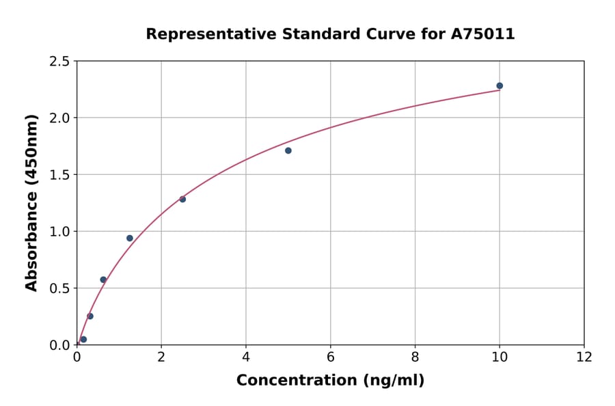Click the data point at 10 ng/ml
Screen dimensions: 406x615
(500, 85)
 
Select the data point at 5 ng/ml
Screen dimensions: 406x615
(288, 150)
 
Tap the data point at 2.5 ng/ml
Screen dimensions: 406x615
(182, 199)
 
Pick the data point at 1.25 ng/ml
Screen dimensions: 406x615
(130, 238)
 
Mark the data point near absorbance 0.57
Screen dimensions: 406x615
(103, 280)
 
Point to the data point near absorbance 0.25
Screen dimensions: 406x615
(90, 316)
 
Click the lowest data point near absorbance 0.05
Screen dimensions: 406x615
(83, 339)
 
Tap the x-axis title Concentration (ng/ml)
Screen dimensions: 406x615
(330, 380)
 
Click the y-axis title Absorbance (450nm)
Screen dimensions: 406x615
(31, 202)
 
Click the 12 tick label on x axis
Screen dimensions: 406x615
(584, 357)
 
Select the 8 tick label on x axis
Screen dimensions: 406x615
(415, 357)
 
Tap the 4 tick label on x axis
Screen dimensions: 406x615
(246, 357)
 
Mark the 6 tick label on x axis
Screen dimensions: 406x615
(330, 357)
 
